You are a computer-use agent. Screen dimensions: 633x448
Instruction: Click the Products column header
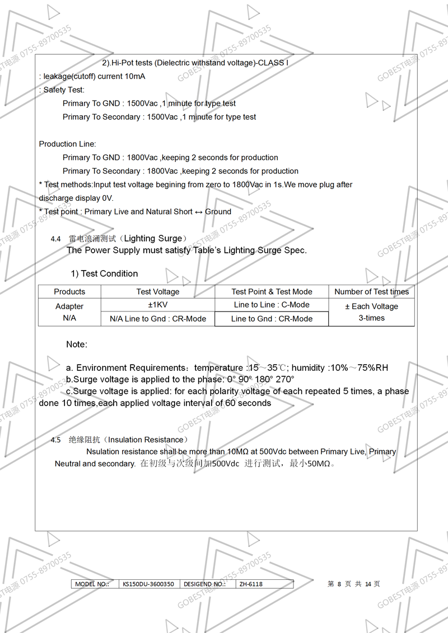click(69, 291)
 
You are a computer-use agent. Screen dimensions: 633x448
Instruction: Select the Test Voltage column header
click(158, 291)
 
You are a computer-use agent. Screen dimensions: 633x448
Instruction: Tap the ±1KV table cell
click(158, 305)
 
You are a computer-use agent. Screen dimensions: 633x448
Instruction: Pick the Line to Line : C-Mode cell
click(272, 305)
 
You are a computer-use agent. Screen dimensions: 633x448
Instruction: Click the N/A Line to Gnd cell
click(158, 319)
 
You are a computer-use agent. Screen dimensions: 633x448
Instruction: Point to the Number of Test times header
click(371, 291)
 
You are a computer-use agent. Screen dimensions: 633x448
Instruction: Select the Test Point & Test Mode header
click(272, 291)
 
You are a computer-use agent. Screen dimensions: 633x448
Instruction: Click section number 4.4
click(55, 239)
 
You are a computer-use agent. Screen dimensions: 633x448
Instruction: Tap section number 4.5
click(55, 440)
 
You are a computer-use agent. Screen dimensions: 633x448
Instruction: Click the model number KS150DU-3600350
click(148, 584)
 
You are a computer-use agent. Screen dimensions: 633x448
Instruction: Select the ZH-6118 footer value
click(251, 584)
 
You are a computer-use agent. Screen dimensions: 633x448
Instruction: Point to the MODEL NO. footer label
click(91, 584)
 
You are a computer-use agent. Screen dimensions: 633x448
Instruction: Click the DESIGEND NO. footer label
click(204, 584)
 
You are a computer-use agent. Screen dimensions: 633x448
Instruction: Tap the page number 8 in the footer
click(339, 584)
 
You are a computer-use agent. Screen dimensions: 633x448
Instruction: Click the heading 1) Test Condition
click(104, 273)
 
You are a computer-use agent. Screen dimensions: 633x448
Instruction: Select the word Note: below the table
click(77, 344)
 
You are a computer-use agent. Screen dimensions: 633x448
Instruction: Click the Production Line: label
click(67, 144)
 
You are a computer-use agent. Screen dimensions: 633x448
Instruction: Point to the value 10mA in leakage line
click(135, 76)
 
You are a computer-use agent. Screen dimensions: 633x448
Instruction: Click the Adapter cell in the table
click(69, 306)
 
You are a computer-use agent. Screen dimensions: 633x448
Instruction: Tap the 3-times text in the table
click(371, 318)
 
